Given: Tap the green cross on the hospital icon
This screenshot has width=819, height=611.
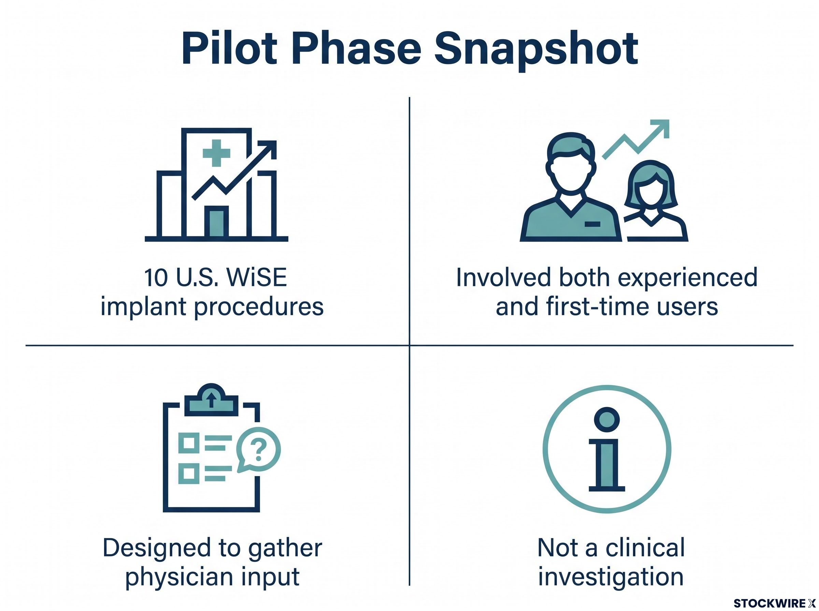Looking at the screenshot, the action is click(x=216, y=153).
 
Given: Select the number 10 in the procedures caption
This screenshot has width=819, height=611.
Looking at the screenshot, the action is click(x=156, y=278).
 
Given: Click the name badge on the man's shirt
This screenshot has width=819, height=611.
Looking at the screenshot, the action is click(x=592, y=224).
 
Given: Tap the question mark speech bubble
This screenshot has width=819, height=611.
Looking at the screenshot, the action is click(x=259, y=449).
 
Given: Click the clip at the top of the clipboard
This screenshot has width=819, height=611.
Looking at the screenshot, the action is click(x=211, y=400).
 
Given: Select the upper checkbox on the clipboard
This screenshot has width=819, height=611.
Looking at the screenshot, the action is click(x=189, y=443).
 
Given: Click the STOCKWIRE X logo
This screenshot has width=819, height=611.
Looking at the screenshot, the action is click(x=775, y=603).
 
